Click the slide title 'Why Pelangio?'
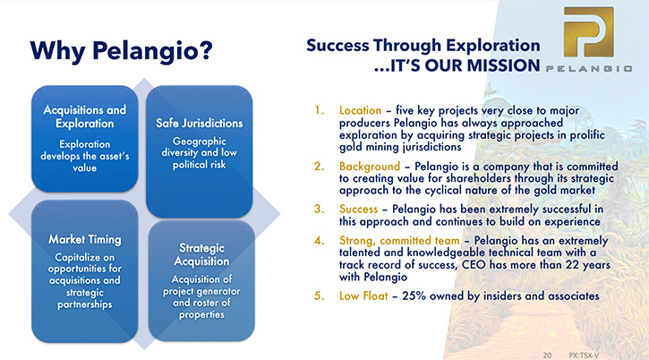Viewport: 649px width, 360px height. tap(121, 51)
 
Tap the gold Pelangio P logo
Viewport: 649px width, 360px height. tap(588, 32)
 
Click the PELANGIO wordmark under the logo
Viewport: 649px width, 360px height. tap(588, 68)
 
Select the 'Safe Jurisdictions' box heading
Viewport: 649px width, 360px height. tap(199, 123)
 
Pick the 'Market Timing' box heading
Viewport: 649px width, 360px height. tap(85, 239)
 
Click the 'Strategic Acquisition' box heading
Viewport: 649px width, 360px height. tap(201, 254)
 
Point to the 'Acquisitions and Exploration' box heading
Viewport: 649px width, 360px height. tap(84, 116)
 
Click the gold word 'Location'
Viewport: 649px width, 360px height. tap(360, 110)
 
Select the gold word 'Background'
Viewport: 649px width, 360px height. tap(370, 167)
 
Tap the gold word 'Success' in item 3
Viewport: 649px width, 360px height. tap(358, 210)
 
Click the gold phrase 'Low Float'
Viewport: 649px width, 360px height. tap(363, 296)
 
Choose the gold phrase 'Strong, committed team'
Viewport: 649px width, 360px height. tap(399, 241)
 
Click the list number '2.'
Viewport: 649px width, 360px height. tap(319, 167)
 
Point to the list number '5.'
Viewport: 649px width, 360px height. tap(319, 296)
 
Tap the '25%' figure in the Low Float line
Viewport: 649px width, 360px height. tap(414, 296)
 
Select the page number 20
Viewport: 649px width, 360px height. tap(547, 356)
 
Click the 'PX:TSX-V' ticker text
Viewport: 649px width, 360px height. tap(584, 356)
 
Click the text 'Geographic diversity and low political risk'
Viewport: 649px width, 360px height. tap(199, 153)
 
